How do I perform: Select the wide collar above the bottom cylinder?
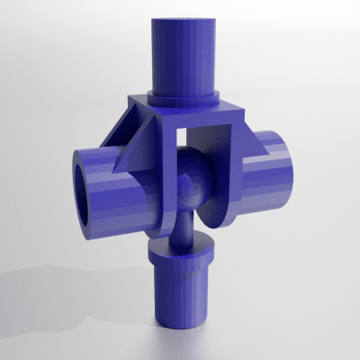pyautogui.click(x=183, y=252)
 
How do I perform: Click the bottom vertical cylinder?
pyautogui.click(x=183, y=292)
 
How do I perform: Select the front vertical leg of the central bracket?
pyautogui.click(x=167, y=180)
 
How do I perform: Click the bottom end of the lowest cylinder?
pyautogui.click(x=183, y=322)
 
